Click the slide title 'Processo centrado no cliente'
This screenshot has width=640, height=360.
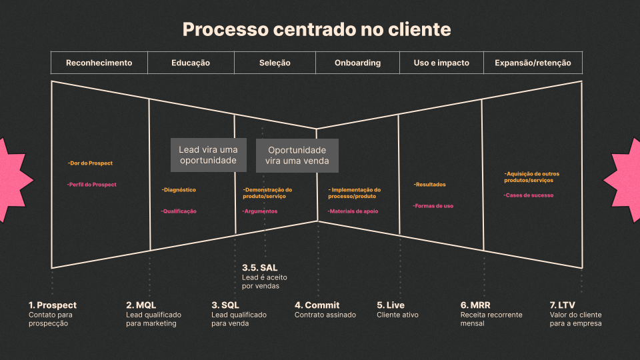tap(317, 30)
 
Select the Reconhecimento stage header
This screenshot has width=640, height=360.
tap(99, 63)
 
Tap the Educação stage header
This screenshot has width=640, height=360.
tap(191, 63)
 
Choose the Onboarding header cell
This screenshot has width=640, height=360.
tap(357, 63)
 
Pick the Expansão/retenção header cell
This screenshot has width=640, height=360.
tap(533, 63)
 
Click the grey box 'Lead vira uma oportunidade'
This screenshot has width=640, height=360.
tap(208, 155)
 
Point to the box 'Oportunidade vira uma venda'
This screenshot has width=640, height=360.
tap(297, 156)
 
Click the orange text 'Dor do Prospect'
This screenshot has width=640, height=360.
tap(90, 163)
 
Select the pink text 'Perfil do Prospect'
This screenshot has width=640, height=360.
tap(92, 185)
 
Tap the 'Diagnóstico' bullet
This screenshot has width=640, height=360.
tap(179, 190)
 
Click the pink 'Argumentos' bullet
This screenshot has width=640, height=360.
tap(260, 211)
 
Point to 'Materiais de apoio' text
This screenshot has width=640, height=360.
tap(353, 211)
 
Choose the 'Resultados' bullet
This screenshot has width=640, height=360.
tap(429, 185)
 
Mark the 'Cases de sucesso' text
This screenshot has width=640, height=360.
tap(528, 195)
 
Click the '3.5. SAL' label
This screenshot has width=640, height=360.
tap(259, 268)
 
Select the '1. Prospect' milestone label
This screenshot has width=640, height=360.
tap(53, 305)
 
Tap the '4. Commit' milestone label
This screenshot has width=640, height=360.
tap(317, 305)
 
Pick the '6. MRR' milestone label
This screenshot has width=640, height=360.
tap(475, 305)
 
